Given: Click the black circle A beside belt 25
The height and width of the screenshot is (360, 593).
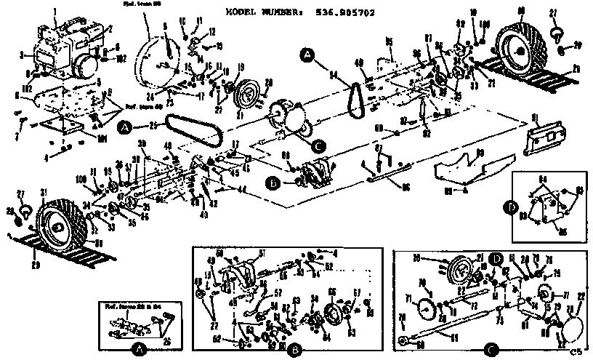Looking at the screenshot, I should pyautogui.click(x=126, y=129).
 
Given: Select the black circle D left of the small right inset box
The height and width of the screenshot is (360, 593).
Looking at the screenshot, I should pyautogui.click(x=515, y=207).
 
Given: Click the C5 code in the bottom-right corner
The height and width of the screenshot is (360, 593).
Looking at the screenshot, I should pyautogui.click(x=577, y=351).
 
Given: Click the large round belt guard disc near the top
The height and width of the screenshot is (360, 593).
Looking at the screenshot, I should pyautogui.click(x=161, y=52).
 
